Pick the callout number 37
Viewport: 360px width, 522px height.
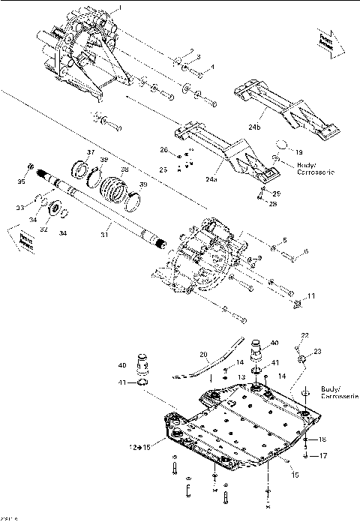91,152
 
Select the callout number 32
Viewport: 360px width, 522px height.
43,231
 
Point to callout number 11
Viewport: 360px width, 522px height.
311,296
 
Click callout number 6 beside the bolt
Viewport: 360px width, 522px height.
304,251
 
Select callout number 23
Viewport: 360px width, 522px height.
316,351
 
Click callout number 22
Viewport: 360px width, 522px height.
305,334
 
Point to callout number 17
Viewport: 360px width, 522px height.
324,455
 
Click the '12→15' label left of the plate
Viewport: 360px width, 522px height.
139,447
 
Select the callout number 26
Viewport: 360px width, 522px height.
163,151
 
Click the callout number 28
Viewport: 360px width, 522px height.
273,202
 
